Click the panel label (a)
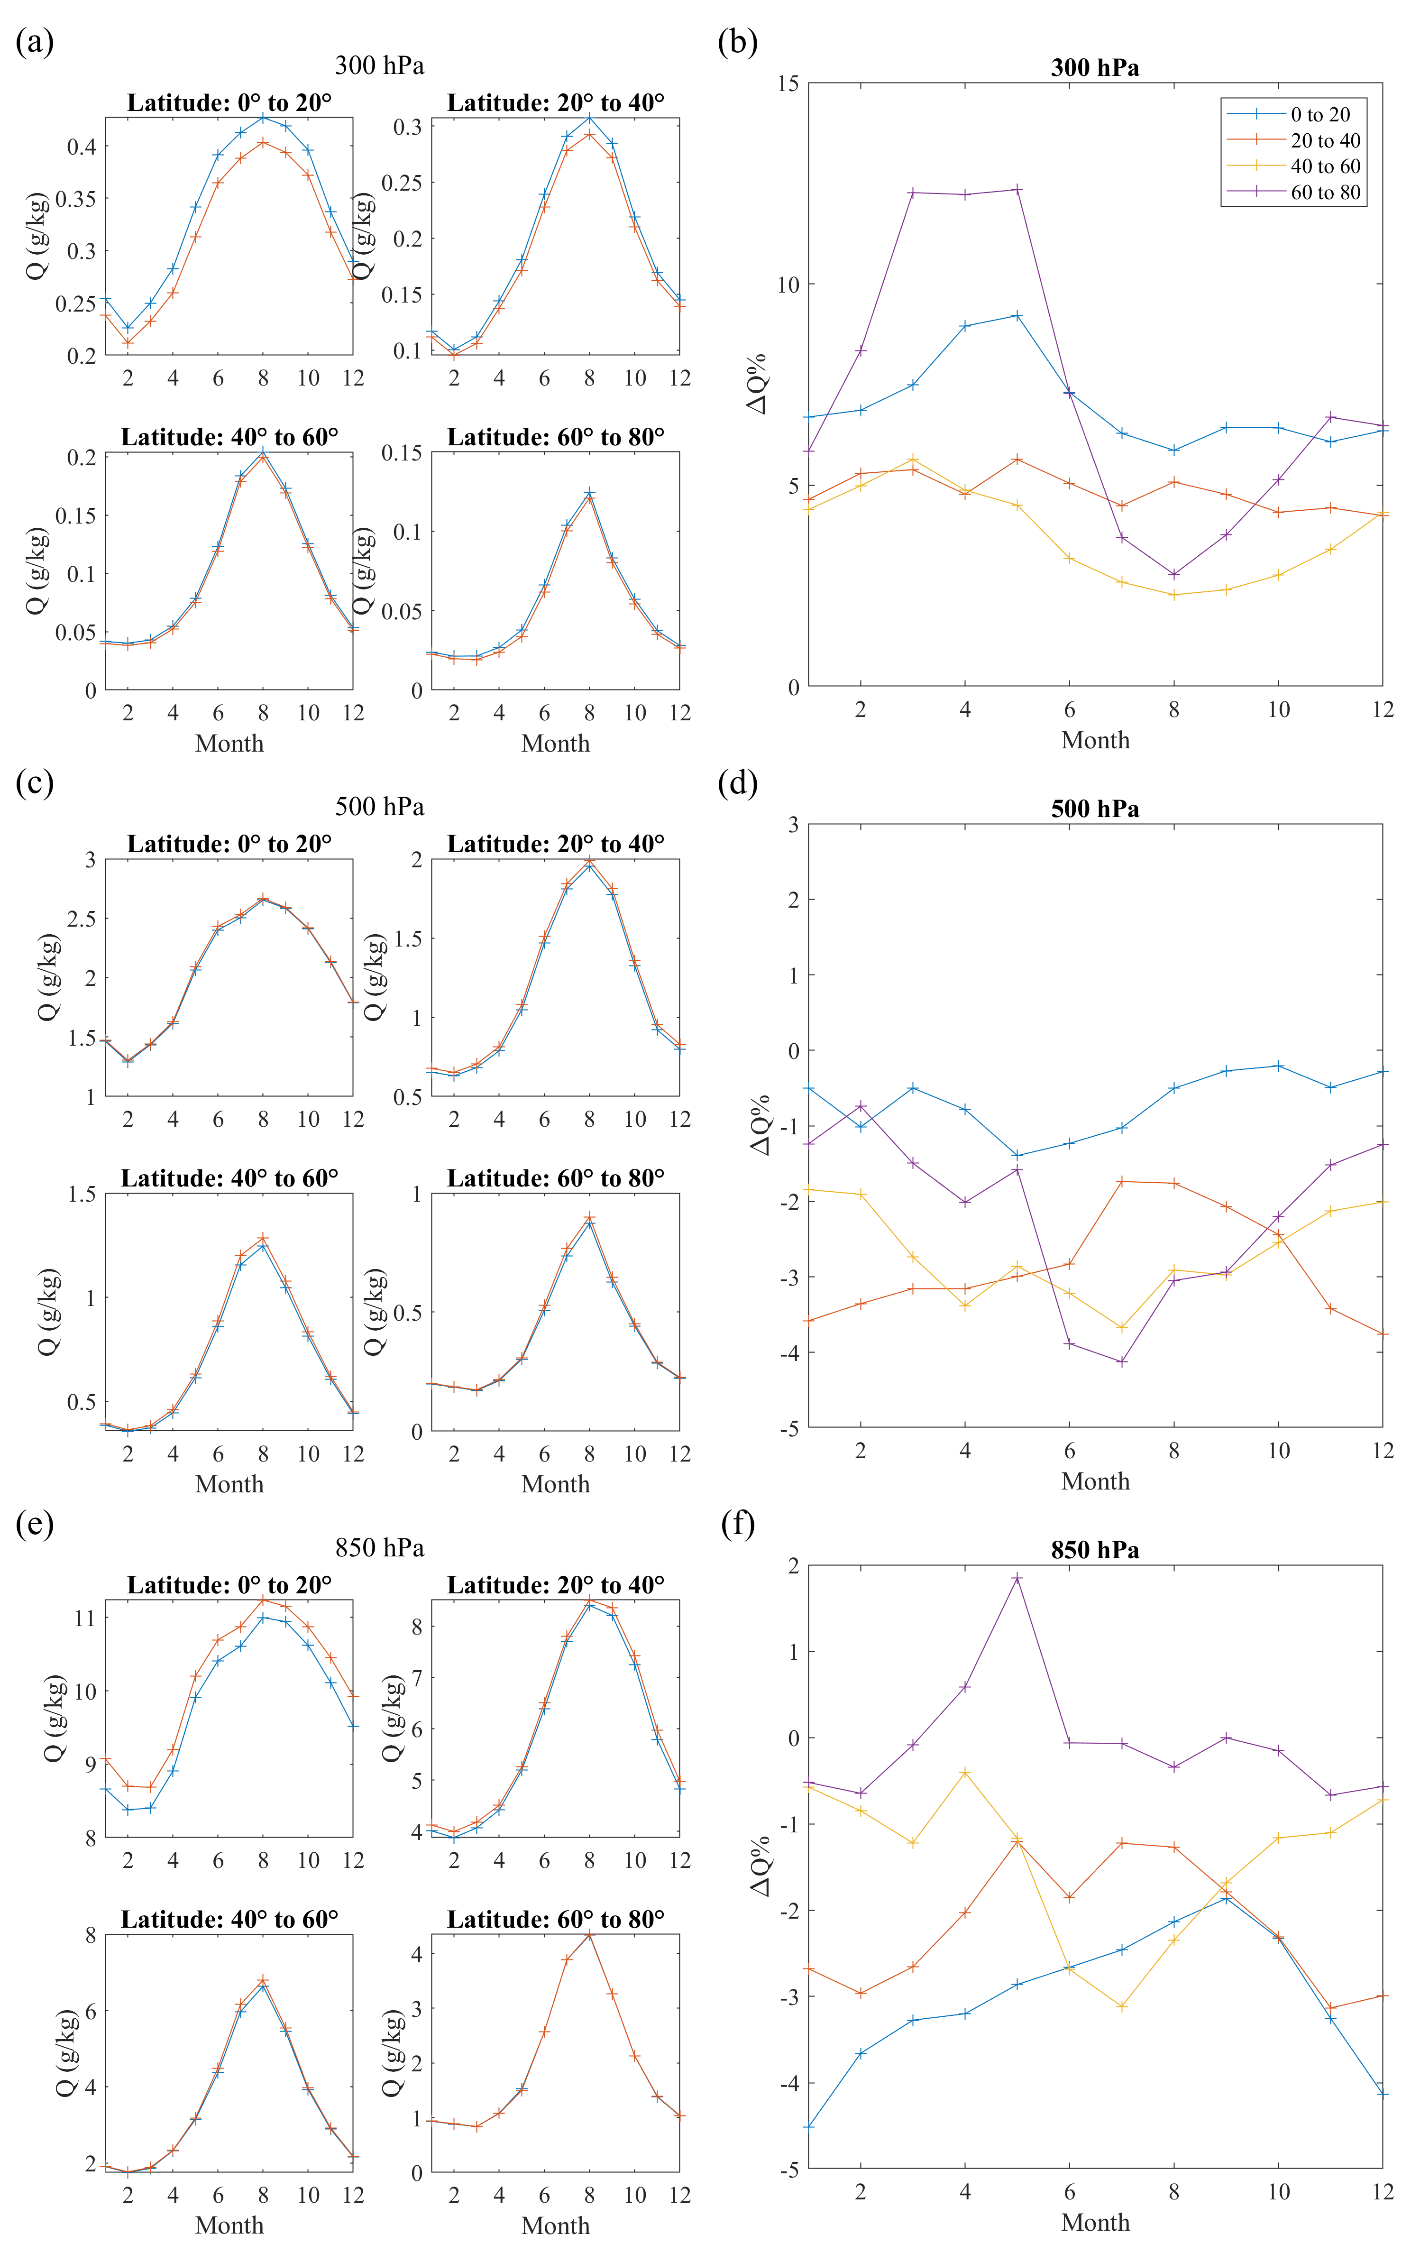click(x=35, y=42)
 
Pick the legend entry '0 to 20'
click(x=1319, y=115)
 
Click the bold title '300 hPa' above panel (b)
click(x=1095, y=68)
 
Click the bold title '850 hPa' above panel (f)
click(x=1095, y=1550)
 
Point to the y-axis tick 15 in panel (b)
click(x=788, y=84)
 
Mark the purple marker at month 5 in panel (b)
click(x=1017, y=189)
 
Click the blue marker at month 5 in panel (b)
click(x=1017, y=315)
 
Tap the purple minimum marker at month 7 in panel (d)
click(x=1122, y=1361)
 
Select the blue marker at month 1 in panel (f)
click(x=808, y=2127)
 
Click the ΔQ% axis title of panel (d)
click(x=760, y=1124)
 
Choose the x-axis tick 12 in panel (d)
click(x=1382, y=1451)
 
